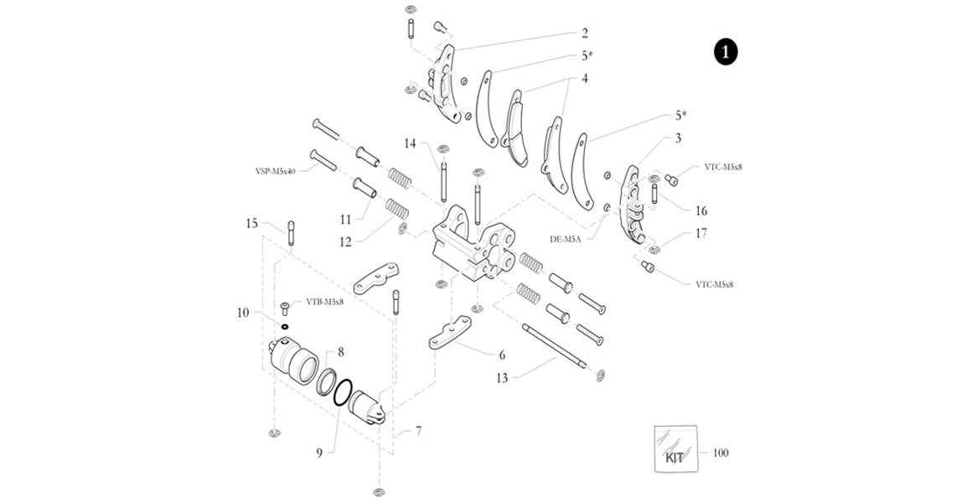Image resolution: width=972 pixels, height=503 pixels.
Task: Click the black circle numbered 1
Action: (x=726, y=52)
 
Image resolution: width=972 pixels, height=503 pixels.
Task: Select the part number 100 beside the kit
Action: (x=721, y=453)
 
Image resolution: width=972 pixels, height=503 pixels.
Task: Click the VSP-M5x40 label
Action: (x=277, y=170)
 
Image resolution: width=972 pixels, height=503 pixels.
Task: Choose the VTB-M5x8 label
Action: (x=325, y=302)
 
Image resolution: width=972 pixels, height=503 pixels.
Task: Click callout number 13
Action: (x=502, y=378)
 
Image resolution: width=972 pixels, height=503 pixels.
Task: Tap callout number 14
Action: (x=410, y=143)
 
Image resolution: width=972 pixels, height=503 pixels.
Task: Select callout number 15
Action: (x=251, y=223)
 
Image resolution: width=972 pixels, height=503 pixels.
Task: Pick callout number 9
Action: (x=319, y=454)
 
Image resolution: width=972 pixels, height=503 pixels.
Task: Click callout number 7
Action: (x=418, y=430)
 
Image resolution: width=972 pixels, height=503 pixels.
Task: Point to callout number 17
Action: (x=701, y=233)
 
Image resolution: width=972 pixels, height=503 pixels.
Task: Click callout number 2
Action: (x=585, y=33)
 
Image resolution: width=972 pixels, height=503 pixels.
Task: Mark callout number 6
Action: (x=502, y=355)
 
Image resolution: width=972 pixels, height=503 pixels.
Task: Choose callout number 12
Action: (x=344, y=242)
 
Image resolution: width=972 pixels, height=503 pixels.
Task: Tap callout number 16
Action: (x=701, y=211)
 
